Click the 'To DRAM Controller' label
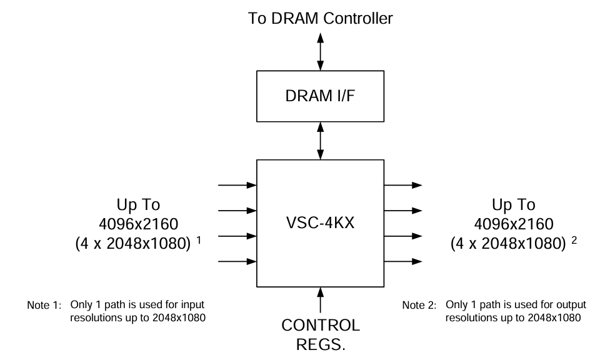(320, 18)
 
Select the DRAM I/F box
(320, 97)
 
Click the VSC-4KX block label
(320, 222)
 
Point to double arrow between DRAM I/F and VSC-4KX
(320, 140)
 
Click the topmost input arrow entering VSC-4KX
(237, 185)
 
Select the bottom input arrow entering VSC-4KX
(237, 261)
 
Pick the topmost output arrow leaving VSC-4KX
(402, 185)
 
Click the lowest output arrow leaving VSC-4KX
(402, 261)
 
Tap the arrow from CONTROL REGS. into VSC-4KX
(320, 300)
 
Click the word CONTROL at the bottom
(320, 326)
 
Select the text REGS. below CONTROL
(320, 346)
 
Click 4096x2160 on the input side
(138, 223)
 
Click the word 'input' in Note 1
(192, 304)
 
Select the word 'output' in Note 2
(573, 304)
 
